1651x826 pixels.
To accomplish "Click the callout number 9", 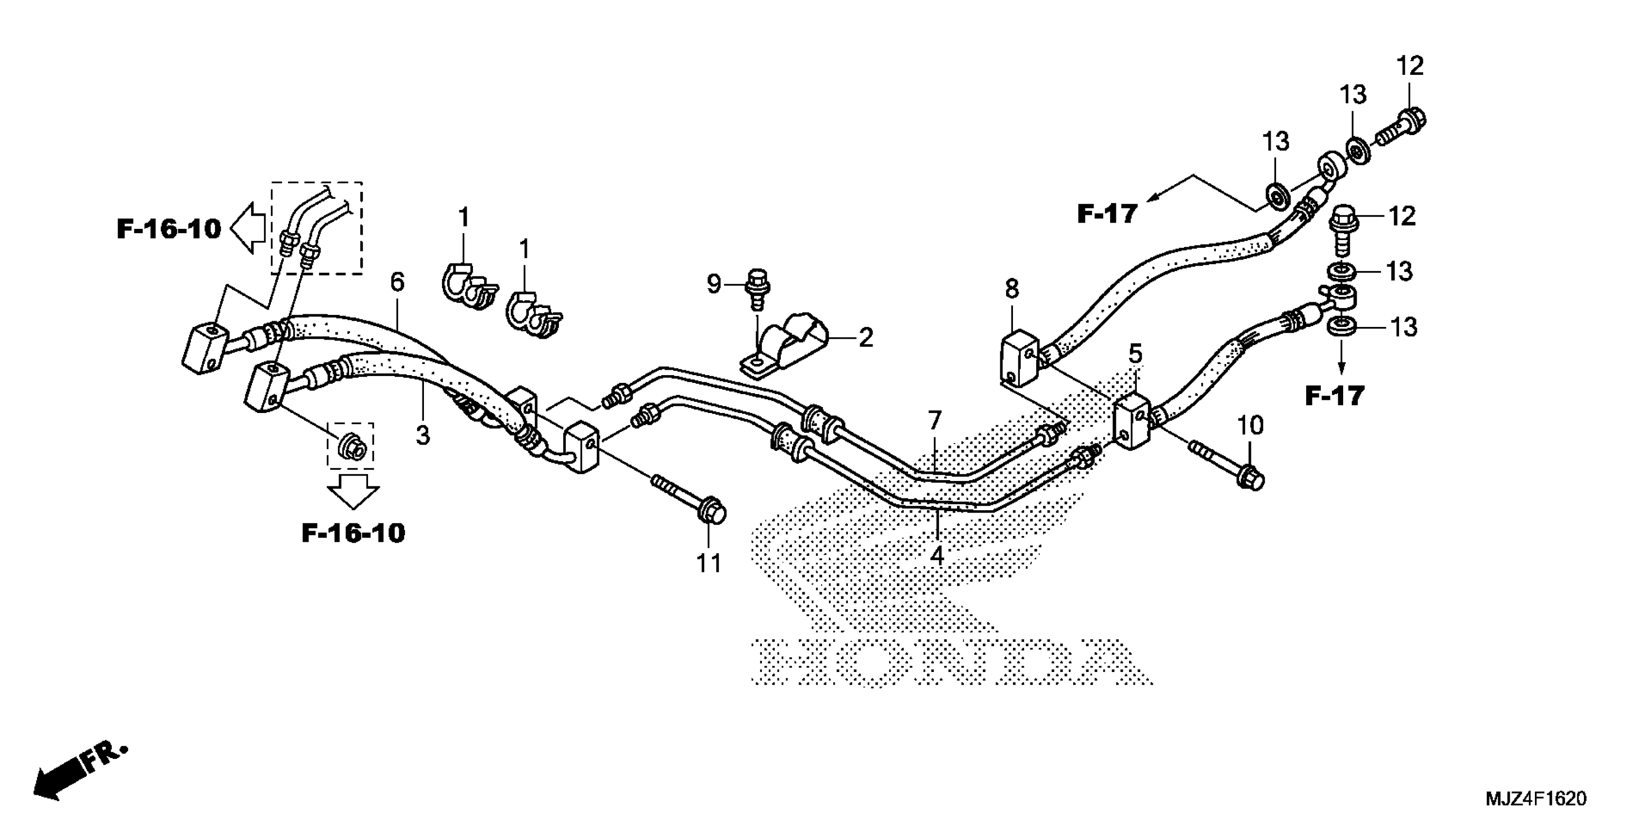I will tap(714, 283).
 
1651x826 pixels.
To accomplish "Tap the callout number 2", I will tap(866, 337).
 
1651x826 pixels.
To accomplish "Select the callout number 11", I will tap(709, 563).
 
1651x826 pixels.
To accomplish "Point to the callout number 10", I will tap(1250, 425).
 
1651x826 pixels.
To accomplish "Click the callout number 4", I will tap(937, 555).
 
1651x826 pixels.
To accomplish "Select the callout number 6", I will tap(397, 282).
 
